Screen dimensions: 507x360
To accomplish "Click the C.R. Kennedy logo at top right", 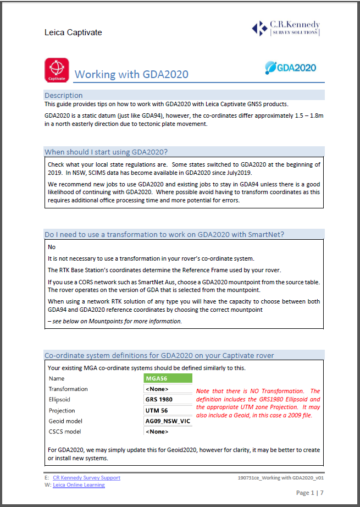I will click(285, 28).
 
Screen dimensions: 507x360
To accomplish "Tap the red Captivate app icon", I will click(56, 70).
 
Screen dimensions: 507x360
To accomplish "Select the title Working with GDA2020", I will click(131, 75).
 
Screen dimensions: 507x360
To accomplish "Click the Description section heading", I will click(64, 95).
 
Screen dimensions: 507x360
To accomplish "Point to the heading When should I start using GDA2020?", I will click(114, 152).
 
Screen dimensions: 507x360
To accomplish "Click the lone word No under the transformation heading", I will click(52, 247).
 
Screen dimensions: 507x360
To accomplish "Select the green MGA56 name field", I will click(168, 378).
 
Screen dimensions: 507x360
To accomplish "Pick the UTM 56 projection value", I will click(157, 410).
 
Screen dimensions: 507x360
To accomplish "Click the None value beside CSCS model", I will click(157, 432).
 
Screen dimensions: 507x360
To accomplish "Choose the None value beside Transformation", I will click(157, 389).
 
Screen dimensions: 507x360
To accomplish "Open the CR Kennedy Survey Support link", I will click(86, 478).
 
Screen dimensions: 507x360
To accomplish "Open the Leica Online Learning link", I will click(79, 485).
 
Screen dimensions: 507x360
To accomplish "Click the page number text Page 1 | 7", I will click(313, 493).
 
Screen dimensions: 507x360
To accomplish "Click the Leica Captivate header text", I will click(73, 32).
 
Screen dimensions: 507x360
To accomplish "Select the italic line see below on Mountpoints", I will click(115, 321).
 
